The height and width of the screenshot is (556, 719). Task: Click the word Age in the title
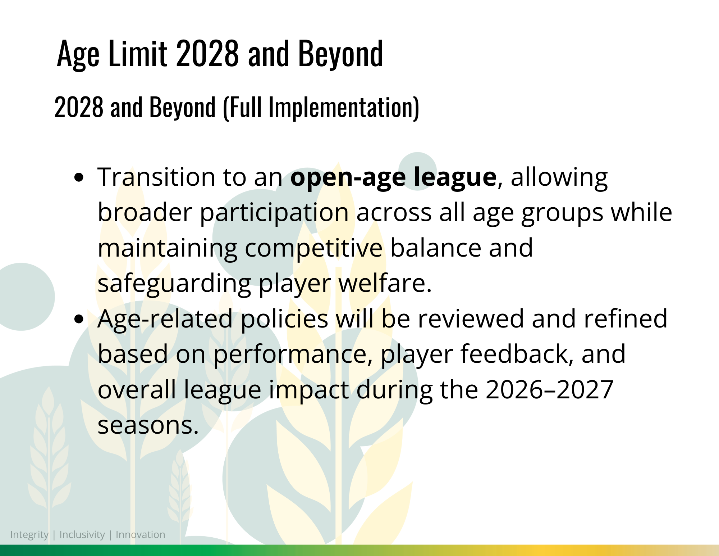coord(78,54)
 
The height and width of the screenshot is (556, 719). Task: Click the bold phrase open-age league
coord(394,177)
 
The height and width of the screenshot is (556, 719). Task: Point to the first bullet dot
coord(79,177)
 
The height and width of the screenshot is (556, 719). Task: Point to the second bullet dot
coord(79,319)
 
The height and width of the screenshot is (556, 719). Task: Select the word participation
coord(274,213)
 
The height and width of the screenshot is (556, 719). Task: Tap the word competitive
coord(314,248)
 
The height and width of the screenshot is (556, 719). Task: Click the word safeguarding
coord(174,284)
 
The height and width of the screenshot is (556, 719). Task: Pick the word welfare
coord(385,283)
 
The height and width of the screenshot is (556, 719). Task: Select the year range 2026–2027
coord(549,389)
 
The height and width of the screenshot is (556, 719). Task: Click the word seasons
coord(148,425)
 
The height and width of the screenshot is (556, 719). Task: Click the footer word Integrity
coord(29,535)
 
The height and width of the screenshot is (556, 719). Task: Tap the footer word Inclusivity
coord(82,535)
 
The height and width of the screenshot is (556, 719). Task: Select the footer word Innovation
coord(140,534)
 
